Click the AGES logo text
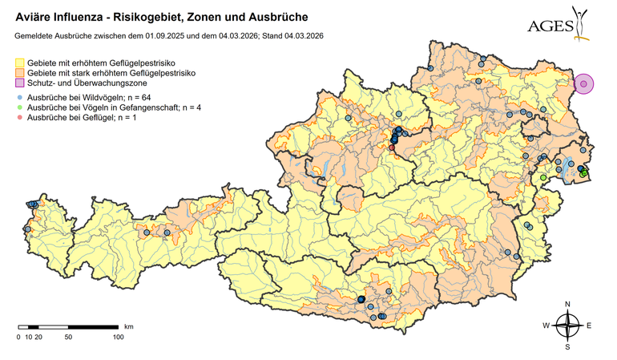point(550,26)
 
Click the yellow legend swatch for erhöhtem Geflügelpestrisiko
point(20,62)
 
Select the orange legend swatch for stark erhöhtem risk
point(20,73)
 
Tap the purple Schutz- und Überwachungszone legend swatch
point(20,83)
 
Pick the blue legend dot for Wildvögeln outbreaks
point(20,96)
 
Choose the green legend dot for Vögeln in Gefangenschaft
point(20,107)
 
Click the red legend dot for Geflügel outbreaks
point(20,118)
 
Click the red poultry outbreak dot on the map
point(392,148)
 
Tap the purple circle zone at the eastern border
point(584,83)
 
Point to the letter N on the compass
point(567,304)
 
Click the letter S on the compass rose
point(567,347)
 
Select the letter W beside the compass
point(546,326)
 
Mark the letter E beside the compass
point(589,326)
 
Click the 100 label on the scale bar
point(118,338)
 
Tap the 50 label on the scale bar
point(68,338)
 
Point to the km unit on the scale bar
point(128,327)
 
